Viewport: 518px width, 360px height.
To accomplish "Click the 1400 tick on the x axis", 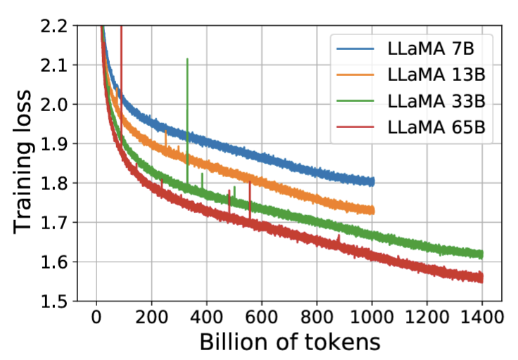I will pyautogui.click(x=482, y=317).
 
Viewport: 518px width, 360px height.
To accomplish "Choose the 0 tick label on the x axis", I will pyautogui.click(x=96, y=317).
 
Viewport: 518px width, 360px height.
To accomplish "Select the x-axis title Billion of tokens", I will pyautogui.click(x=290, y=342).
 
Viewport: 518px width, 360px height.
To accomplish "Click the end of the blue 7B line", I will pyautogui.click(x=372, y=182).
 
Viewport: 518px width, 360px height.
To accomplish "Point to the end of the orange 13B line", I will pyautogui.click(x=372, y=210).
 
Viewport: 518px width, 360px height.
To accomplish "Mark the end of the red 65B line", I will pyautogui.click(x=482, y=278).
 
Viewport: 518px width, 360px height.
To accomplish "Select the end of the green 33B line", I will pyautogui.click(x=482, y=255).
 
